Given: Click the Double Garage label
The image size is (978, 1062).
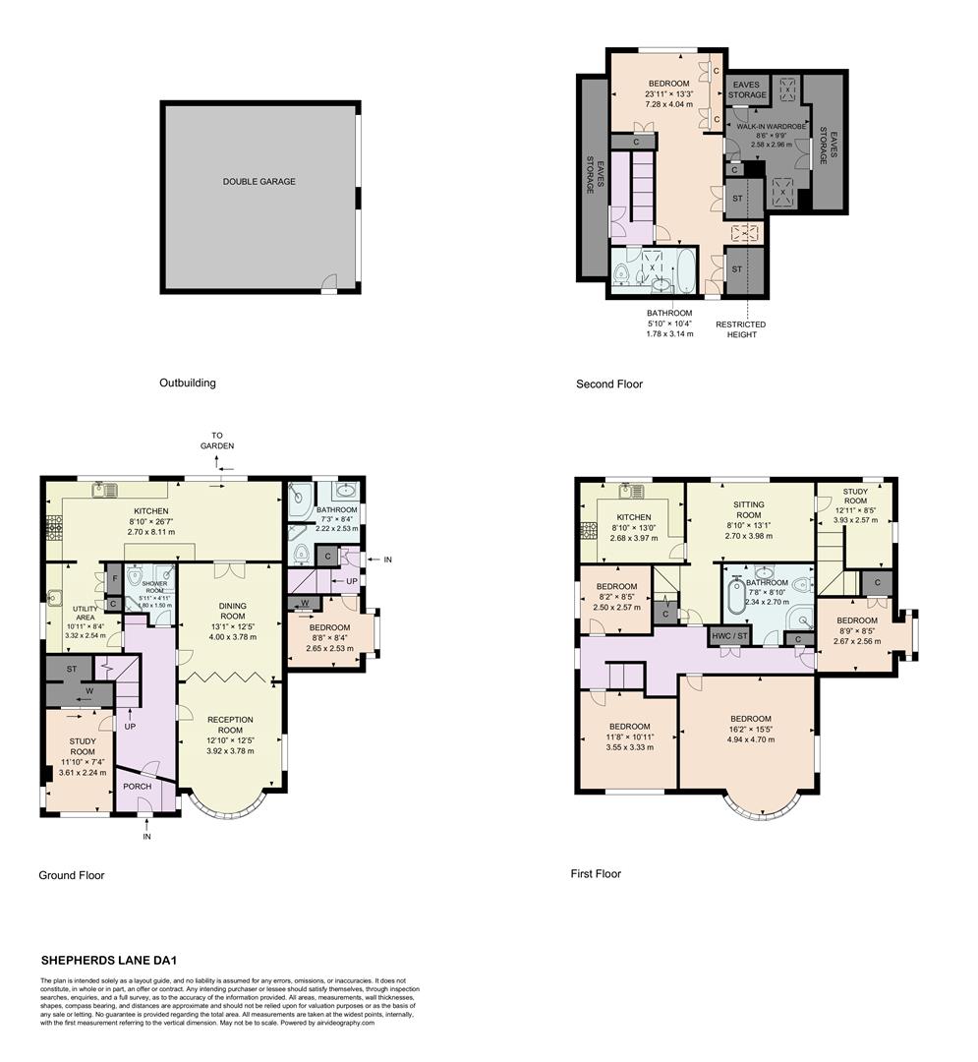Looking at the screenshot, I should (259, 182).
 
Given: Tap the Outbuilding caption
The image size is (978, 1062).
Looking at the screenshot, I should (187, 383).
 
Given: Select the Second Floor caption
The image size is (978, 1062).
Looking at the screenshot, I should (608, 383).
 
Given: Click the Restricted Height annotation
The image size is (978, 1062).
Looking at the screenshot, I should (740, 329).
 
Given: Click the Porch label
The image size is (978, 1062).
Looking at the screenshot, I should (137, 788).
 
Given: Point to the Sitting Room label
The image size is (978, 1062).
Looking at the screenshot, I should (749, 509).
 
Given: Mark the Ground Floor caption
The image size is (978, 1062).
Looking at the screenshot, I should (71, 875).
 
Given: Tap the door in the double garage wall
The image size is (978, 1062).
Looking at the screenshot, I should (330, 285).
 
